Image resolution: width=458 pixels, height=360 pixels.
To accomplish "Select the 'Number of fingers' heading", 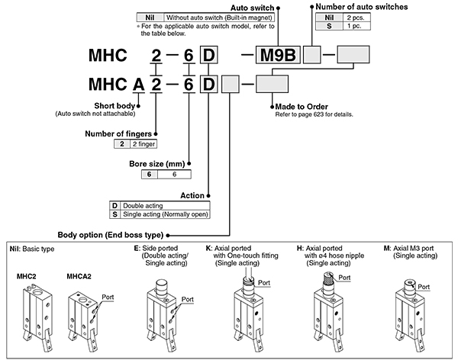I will point(121,134).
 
